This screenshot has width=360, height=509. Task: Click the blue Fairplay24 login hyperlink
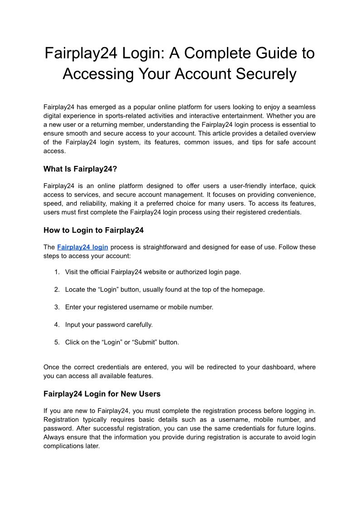pos(82,247)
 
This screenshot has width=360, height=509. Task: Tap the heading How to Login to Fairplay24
pos(93,230)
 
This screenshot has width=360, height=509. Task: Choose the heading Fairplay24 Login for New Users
pos(102,393)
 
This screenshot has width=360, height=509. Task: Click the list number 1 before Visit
pos(57,272)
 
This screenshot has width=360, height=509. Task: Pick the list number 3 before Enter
pos(57,307)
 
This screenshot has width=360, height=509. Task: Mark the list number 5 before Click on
pos(57,342)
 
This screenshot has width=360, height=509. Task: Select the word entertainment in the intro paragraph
pos(249,116)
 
